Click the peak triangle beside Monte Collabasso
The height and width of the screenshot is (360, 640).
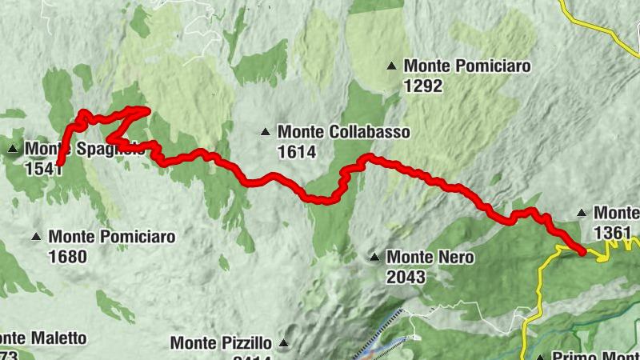(265, 131)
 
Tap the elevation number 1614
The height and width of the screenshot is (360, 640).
(297, 152)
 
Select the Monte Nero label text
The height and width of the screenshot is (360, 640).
(430, 258)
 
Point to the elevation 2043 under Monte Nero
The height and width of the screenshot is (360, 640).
(405, 278)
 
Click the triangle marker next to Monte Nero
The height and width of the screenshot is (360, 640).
(374, 258)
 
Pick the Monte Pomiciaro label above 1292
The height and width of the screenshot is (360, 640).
(467, 66)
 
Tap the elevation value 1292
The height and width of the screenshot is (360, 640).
(423, 86)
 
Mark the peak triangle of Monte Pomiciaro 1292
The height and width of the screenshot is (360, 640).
(391, 66)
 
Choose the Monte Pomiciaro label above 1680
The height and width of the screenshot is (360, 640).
(111, 237)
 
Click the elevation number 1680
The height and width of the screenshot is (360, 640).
(68, 258)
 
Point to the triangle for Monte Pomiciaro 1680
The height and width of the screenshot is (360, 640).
(36, 237)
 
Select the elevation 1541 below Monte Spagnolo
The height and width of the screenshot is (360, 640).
(44, 169)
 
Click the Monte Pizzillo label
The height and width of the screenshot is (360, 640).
(221, 343)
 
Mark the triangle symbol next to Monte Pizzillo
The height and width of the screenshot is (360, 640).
(282, 344)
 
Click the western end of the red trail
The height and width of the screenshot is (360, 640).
(59, 164)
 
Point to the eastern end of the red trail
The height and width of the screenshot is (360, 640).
(583, 252)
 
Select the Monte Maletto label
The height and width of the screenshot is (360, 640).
(43, 338)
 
